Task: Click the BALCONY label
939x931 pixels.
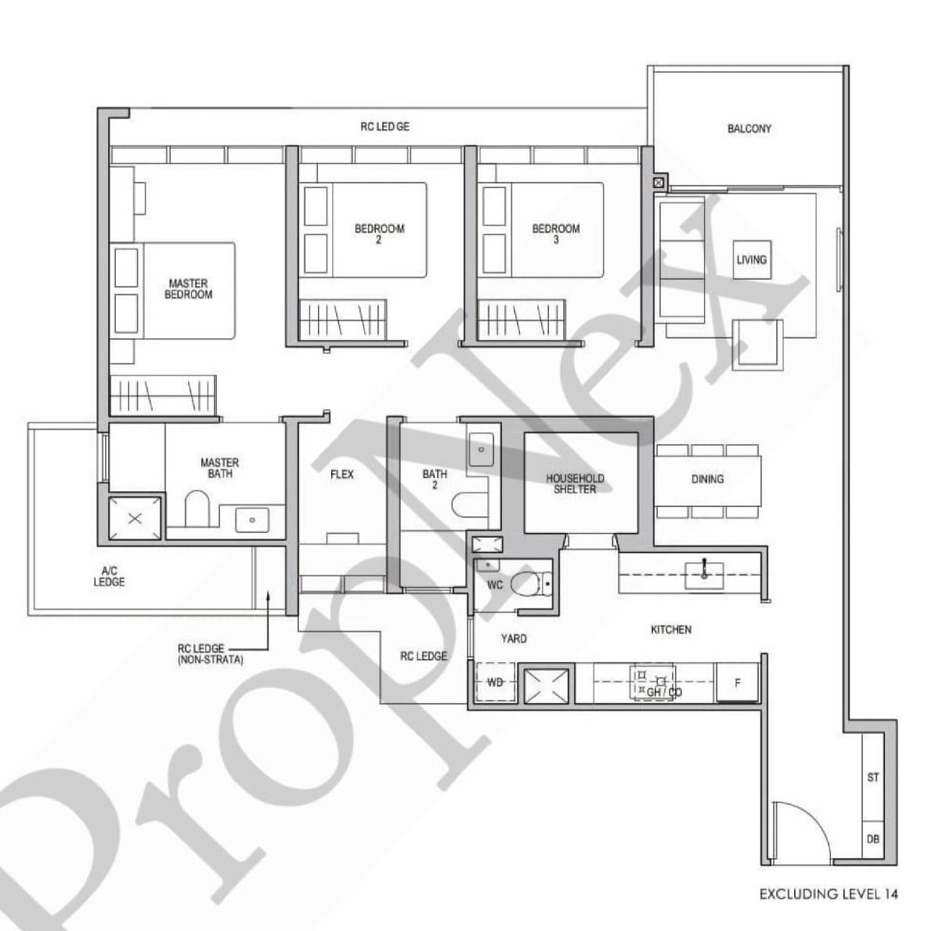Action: (x=749, y=129)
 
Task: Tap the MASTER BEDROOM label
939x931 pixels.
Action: (x=189, y=288)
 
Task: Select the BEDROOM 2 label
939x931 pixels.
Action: (x=379, y=234)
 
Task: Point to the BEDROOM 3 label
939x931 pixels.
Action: (x=556, y=234)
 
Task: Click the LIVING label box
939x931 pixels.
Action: (x=752, y=259)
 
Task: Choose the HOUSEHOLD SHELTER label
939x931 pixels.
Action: (x=575, y=484)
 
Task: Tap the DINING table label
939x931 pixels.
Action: (x=707, y=480)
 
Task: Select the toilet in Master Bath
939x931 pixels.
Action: (x=197, y=509)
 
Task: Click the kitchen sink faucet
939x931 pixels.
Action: (x=704, y=568)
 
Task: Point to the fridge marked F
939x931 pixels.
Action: (x=737, y=683)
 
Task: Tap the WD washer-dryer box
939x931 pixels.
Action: (x=495, y=683)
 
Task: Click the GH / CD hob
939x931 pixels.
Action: (x=653, y=683)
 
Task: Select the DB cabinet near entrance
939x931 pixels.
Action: (x=872, y=840)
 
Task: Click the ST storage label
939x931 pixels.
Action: (x=873, y=777)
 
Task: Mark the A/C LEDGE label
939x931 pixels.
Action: (x=109, y=576)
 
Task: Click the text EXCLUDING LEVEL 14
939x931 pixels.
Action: (x=829, y=894)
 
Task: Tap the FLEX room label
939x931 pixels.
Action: (x=342, y=474)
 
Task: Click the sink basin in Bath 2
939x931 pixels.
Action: (x=481, y=449)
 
